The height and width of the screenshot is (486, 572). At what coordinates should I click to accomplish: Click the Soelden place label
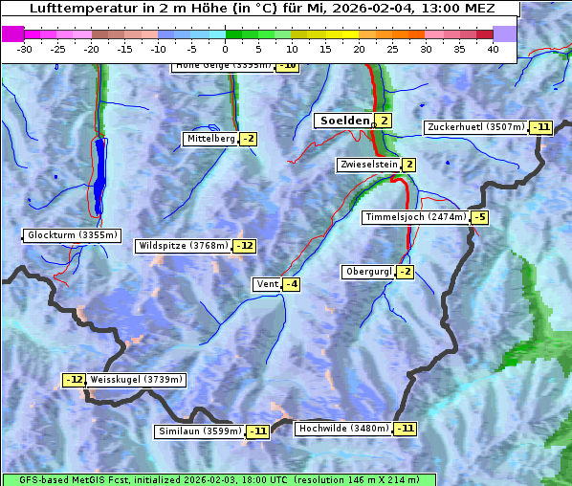pos(342,121)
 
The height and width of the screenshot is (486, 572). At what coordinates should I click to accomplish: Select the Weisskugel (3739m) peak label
pos(136,380)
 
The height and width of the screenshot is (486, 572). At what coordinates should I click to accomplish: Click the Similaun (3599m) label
pos(200,431)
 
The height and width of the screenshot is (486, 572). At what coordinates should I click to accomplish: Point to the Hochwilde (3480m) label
pos(342,429)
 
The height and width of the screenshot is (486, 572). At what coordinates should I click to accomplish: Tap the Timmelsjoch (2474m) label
pos(416,217)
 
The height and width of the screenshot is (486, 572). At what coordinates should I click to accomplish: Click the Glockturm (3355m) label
pos(73,235)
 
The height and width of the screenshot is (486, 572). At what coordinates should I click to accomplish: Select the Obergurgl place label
pos(368,272)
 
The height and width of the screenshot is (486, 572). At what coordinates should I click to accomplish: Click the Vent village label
pos(267,284)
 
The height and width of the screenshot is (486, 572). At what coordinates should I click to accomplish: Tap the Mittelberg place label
pos(210,139)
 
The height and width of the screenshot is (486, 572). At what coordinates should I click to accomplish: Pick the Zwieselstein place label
pos(368,165)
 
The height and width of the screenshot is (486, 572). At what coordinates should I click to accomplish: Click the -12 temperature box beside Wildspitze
pos(245,246)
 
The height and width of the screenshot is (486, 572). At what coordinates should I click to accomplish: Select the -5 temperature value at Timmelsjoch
pos(479,217)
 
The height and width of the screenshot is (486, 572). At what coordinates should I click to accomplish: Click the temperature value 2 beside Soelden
pos(384,121)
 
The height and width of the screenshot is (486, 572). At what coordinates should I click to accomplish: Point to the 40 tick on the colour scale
pos(493,48)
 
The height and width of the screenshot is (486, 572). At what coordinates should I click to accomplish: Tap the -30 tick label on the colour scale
pos(25,48)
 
